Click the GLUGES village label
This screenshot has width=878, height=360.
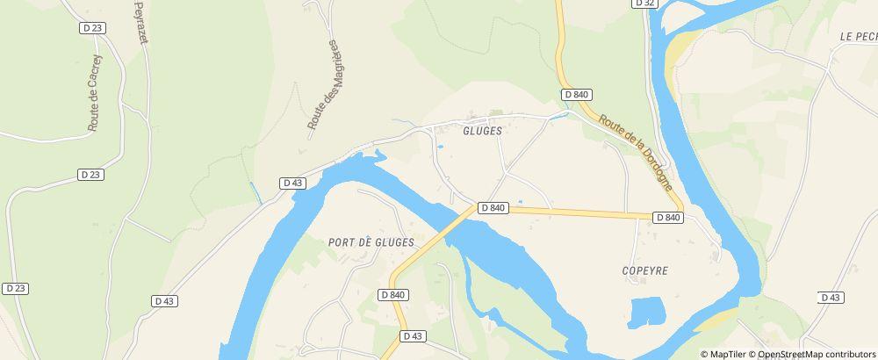coord(481,130)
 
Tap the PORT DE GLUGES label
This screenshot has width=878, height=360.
coord(370,241)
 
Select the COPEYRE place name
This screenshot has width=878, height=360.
coord(644,271)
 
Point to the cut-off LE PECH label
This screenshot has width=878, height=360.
coord(858,36)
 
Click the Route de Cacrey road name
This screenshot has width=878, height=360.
coord(95,93)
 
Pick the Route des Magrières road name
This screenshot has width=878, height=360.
coord(322,85)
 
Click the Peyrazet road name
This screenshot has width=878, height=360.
coord(141,21)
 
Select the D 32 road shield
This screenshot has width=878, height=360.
coord(644,4)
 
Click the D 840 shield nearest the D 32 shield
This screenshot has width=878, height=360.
coord(576,94)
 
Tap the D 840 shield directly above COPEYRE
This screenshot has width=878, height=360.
coord(668,217)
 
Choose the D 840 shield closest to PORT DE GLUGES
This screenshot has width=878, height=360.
coord(394,295)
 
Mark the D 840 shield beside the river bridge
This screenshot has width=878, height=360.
coord(493,208)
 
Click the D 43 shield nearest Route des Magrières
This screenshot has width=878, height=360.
coord(292,183)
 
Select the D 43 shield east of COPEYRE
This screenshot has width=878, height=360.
coord(831,298)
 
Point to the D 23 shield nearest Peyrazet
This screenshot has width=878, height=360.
coord(92,28)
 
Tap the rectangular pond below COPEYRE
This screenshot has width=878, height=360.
coord(647,312)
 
